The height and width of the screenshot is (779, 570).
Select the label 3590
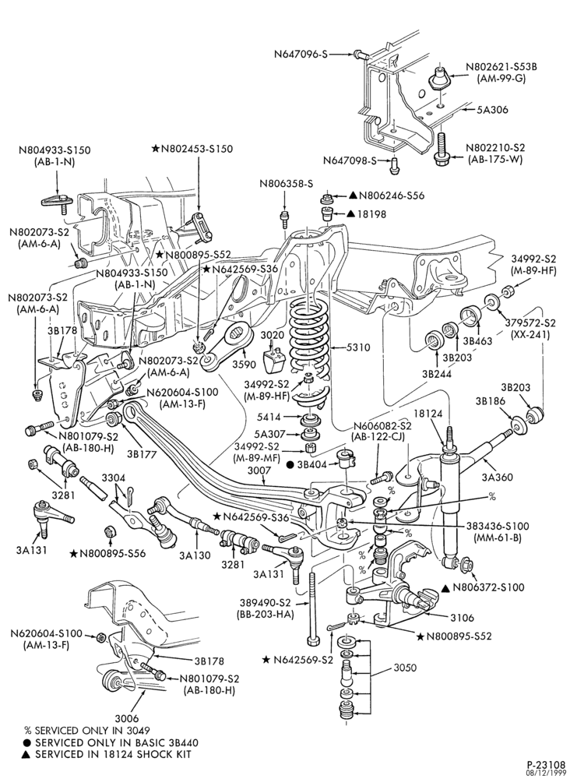pyautogui.click(x=244, y=364)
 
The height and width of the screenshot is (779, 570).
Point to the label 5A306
pyautogui.click(x=493, y=109)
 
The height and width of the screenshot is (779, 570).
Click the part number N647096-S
pyautogui.click(x=301, y=54)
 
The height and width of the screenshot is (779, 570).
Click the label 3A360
pyautogui.click(x=497, y=478)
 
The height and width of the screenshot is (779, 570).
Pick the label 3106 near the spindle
pyautogui.click(x=462, y=618)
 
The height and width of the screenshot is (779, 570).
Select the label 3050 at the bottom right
pyautogui.click(x=405, y=668)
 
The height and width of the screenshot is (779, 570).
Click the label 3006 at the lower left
pyautogui.click(x=127, y=718)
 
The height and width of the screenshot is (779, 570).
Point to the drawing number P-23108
pyautogui.click(x=546, y=764)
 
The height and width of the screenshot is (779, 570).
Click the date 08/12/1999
pyautogui.click(x=548, y=773)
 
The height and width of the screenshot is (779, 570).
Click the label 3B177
pyautogui.click(x=142, y=453)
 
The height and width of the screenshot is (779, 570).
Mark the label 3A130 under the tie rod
pyautogui.click(x=195, y=555)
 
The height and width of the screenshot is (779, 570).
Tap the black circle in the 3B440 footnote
pyautogui.click(x=28, y=742)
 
